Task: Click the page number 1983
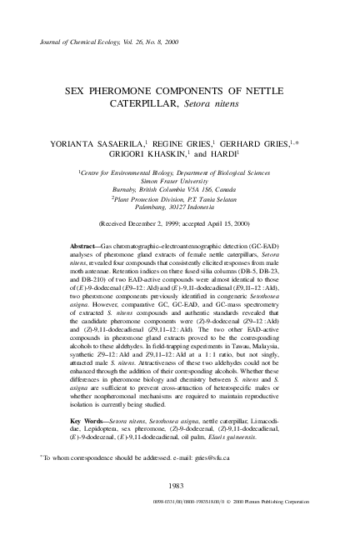(x=175, y=485)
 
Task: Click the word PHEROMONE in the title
(x=134, y=88)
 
